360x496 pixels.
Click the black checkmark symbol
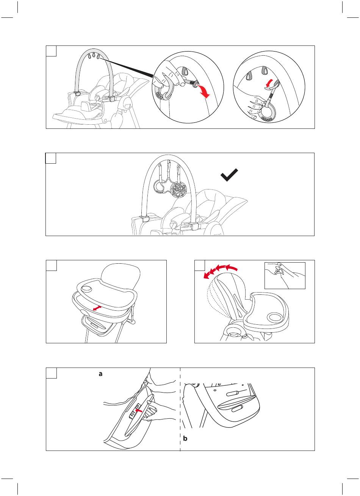pyautogui.click(x=229, y=175)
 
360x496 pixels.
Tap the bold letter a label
pyautogui.click(x=100, y=374)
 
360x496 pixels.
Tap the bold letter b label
pyautogui.click(x=185, y=438)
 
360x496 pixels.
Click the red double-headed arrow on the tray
pyautogui.click(x=97, y=308)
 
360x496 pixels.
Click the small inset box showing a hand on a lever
pyautogui.click(x=285, y=275)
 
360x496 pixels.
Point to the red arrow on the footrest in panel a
pyautogui.click(x=139, y=410)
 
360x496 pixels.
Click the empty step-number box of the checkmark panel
pyautogui.click(x=51, y=158)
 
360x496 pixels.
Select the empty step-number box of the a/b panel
pyautogui.click(x=52, y=373)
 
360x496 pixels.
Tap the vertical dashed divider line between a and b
pyautogui.click(x=180, y=409)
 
